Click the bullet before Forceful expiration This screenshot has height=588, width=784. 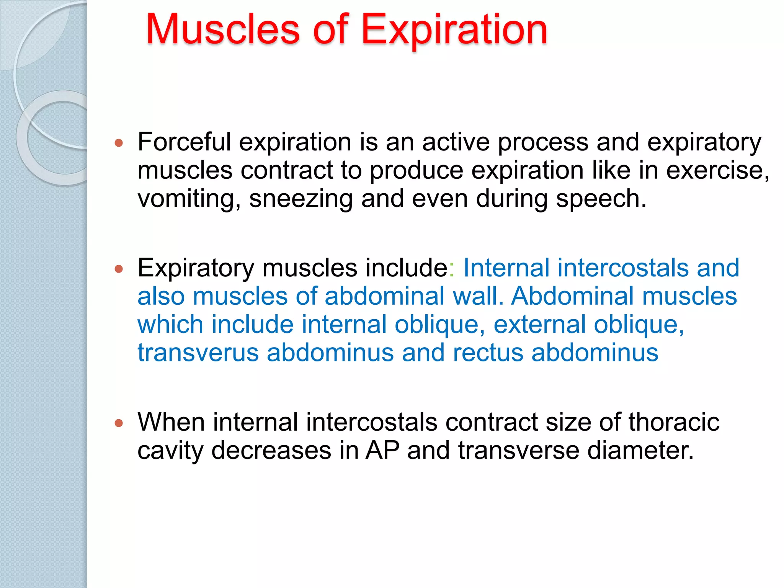click(119, 143)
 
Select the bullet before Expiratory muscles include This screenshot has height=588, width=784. click(119, 269)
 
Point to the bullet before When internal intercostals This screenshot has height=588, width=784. click(119, 423)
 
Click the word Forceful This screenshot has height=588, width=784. click(184, 142)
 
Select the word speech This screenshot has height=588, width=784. click(601, 199)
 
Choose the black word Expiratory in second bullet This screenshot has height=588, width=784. click(196, 268)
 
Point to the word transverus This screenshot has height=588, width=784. click(198, 353)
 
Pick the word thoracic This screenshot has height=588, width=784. click(674, 422)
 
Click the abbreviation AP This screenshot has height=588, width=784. click(382, 450)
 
